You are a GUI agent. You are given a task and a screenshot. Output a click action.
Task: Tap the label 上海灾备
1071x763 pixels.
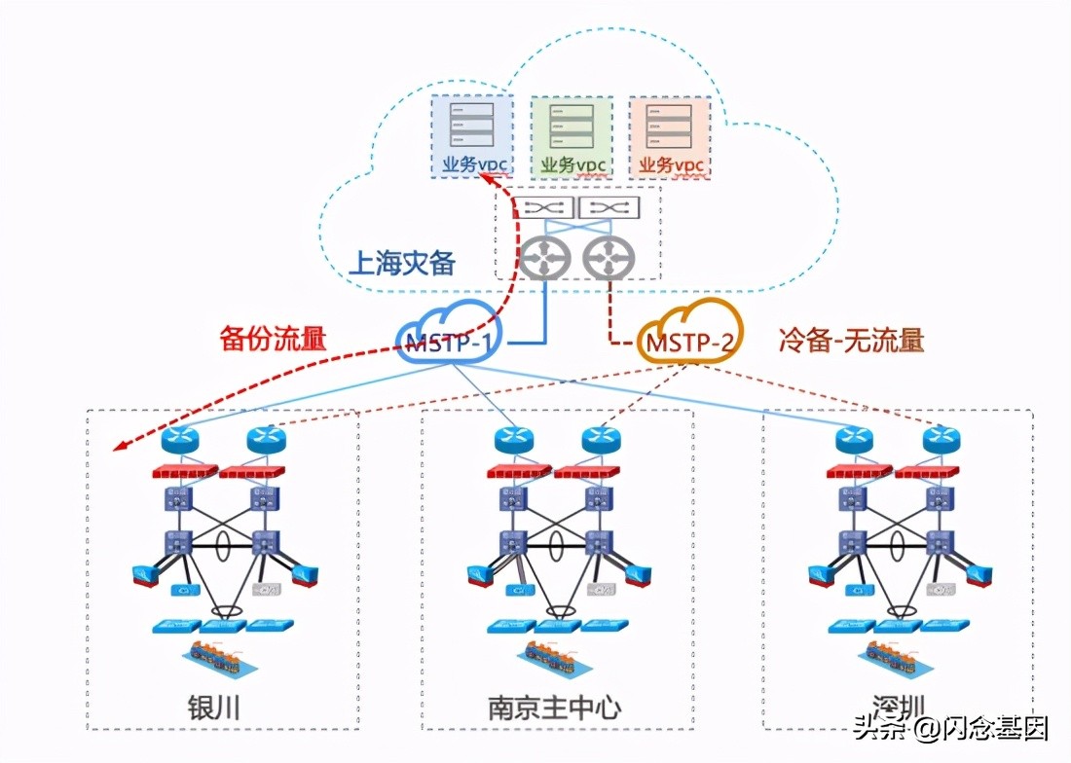(x=402, y=263)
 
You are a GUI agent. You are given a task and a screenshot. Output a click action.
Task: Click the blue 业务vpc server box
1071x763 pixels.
(x=473, y=136)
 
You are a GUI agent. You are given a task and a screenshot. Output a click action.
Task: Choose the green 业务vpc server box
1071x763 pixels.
(x=572, y=136)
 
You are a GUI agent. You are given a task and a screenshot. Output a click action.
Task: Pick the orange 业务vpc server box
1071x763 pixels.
(x=669, y=136)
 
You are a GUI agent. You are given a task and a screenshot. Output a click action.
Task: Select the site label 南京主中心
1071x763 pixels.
(x=554, y=708)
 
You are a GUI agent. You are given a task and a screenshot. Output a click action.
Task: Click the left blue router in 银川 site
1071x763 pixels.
(x=180, y=440)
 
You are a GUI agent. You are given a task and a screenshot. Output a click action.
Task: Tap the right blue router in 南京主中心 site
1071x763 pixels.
(x=601, y=440)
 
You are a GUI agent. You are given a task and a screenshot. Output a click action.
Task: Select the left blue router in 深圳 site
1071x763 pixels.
(x=854, y=440)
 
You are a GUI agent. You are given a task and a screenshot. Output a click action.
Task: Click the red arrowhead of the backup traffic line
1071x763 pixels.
(x=119, y=447)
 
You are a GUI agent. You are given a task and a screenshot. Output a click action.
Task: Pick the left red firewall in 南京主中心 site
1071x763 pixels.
(x=518, y=474)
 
